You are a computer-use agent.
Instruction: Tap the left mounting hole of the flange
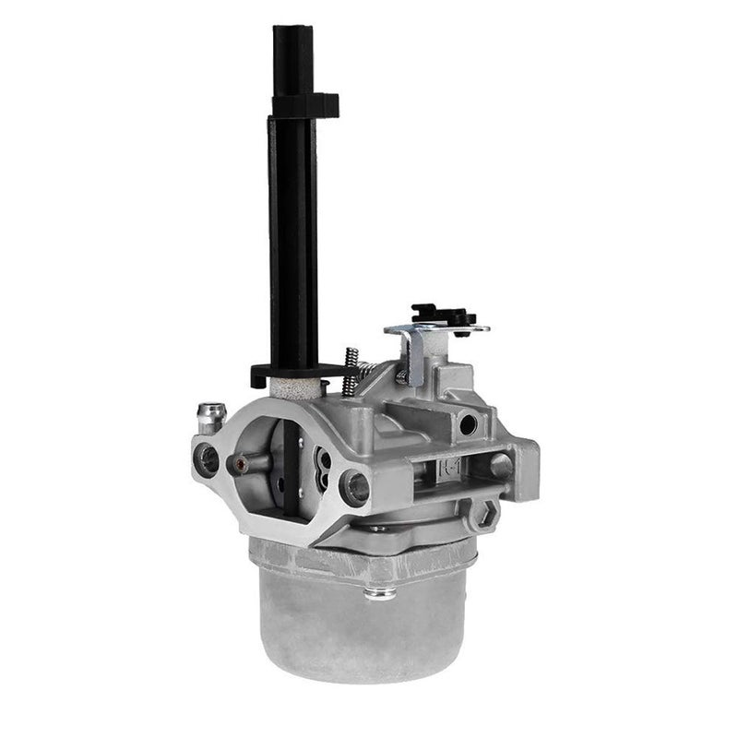coord(208,458)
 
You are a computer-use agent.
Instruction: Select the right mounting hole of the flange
coord(354,486)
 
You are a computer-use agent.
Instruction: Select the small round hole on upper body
coord(469,423)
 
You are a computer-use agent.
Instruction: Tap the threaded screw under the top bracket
coord(402,373)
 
